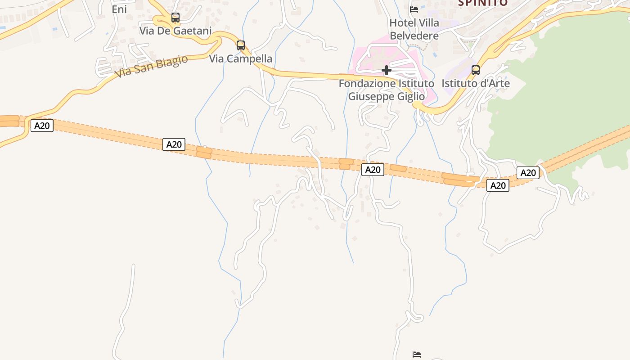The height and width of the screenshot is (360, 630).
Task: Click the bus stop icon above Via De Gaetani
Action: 175,18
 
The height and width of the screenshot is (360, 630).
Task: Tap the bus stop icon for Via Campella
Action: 241,45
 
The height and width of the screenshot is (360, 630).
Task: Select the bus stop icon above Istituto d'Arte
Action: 476,70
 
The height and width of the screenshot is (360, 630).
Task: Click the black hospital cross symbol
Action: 386,70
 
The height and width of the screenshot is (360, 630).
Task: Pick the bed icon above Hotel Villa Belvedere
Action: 414,9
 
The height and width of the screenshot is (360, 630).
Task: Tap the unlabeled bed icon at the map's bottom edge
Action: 417,355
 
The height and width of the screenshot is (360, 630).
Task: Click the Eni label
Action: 119,9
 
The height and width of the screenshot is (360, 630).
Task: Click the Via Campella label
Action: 241,58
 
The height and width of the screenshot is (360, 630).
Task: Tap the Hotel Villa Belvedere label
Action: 414,29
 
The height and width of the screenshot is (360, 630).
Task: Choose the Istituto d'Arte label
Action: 476,83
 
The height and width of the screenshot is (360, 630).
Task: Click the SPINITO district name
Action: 482,3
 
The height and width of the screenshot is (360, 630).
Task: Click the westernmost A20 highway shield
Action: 42,126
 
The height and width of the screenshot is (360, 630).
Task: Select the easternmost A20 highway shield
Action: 528,172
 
